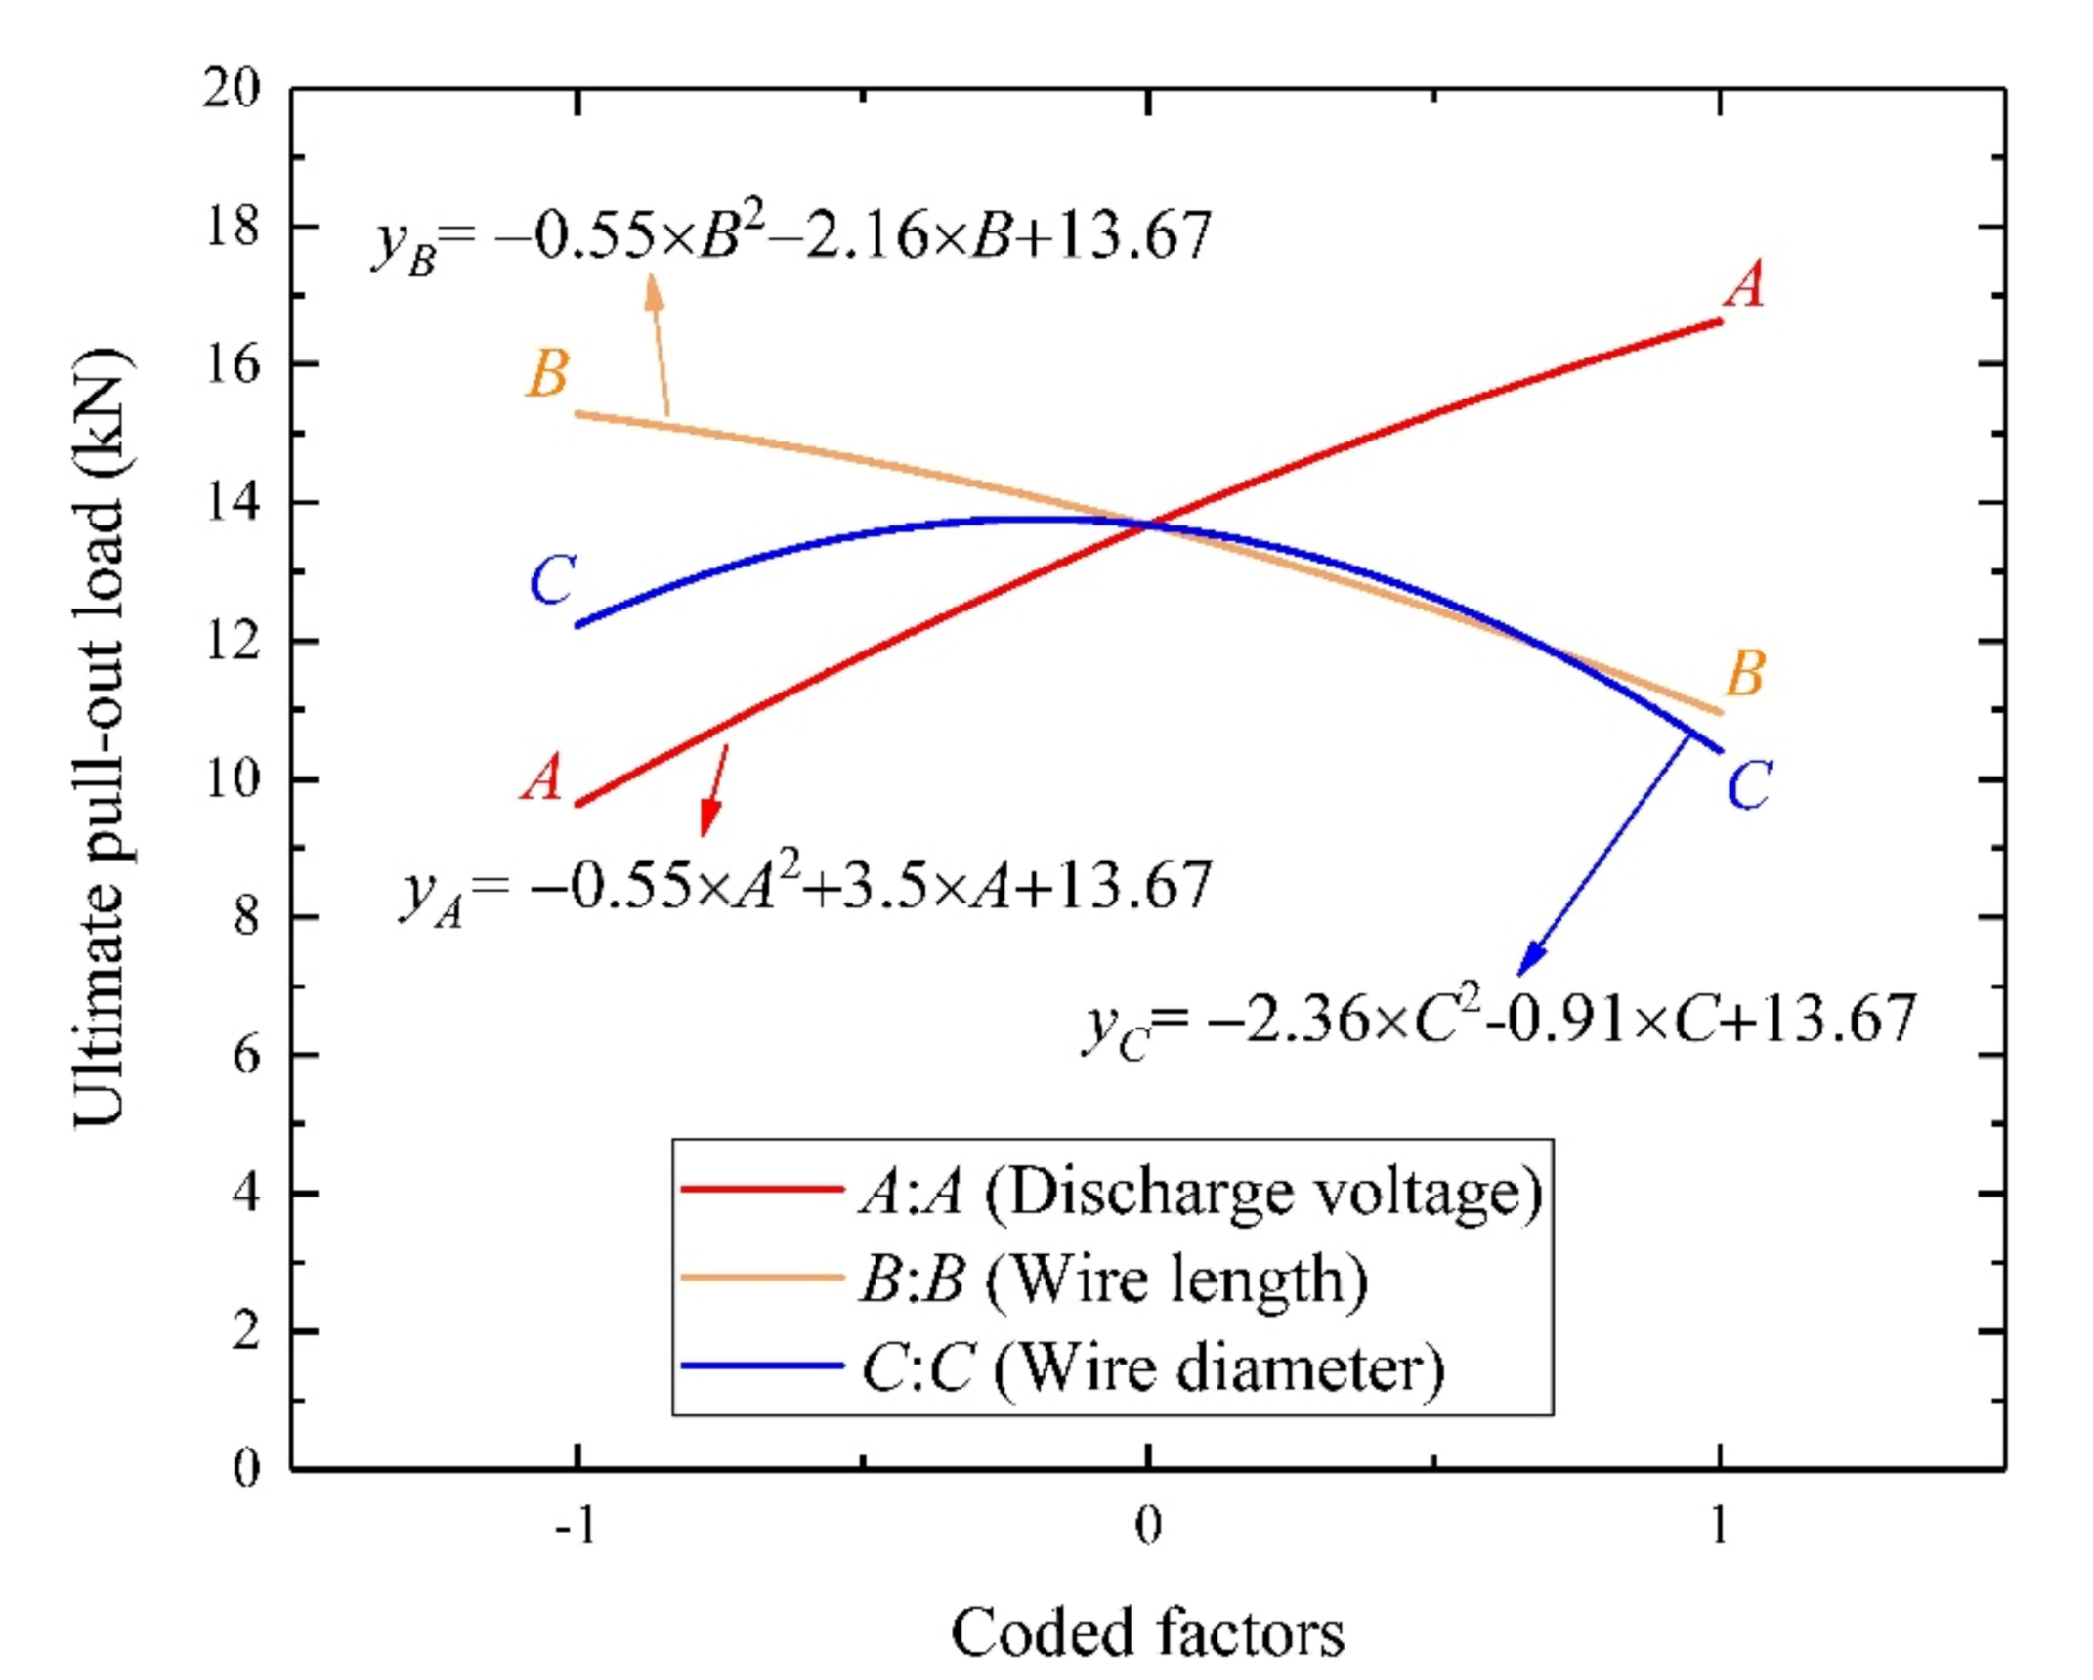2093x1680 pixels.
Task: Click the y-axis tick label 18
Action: point(232,227)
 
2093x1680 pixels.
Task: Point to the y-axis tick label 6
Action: point(246,1055)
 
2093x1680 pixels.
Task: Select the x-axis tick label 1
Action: point(1719,1526)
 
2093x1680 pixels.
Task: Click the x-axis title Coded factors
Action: point(1147,1632)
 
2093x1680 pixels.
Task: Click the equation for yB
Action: point(791,238)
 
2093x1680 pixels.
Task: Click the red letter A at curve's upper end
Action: point(1744,285)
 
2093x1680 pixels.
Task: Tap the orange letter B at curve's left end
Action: point(547,373)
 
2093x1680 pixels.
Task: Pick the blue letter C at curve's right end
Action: point(1747,786)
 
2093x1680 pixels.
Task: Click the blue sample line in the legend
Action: point(761,1365)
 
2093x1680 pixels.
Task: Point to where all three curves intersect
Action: point(1149,525)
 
